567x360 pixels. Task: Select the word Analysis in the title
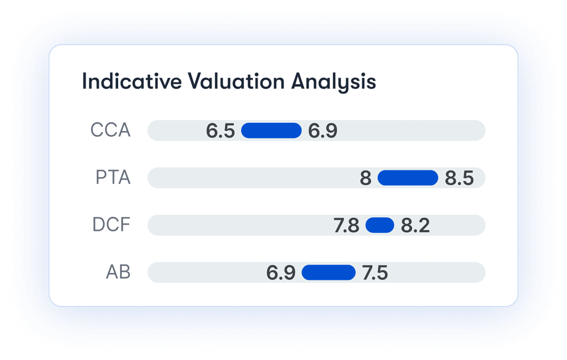[x=334, y=82]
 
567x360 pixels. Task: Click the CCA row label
[x=110, y=130]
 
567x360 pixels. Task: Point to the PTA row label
[x=113, y=177]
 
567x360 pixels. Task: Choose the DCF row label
[x=111, y=225]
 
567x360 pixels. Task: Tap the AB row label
[x=118, y=272]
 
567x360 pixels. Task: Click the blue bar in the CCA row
[x=271, y=131]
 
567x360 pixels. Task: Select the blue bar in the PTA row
[x=408, y=178]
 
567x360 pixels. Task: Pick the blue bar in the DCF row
[x=380, y=225]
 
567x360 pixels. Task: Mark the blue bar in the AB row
[x=329, y=272]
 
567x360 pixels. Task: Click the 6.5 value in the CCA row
[x=220, y=131]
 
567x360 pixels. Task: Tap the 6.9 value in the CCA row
[x=322, y=131]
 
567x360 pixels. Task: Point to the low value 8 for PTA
[x=365, y=178]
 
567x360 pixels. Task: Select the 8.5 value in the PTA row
[x=459, y=178]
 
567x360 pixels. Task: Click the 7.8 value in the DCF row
[x=346, y=226]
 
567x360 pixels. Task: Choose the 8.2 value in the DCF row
[x=415, y=226]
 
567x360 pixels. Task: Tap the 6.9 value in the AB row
[x=281, y=273]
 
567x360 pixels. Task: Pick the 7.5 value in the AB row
[x=375, y=273]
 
